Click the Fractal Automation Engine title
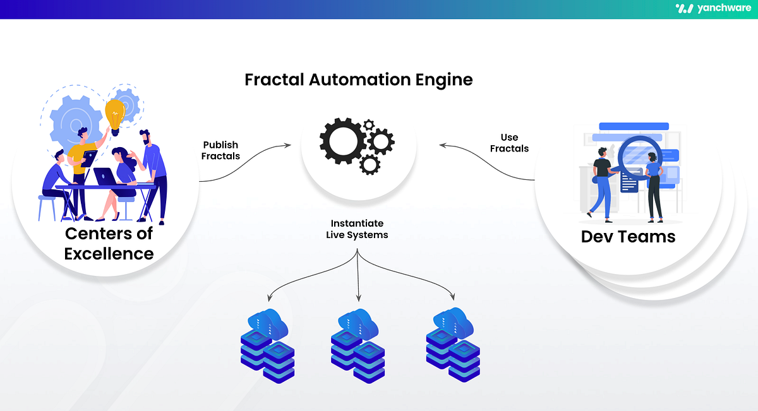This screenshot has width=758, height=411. [358, 80]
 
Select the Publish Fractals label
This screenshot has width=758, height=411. [221, 150]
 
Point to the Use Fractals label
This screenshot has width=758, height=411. [509, 143]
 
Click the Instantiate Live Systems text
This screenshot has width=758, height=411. [357, 229]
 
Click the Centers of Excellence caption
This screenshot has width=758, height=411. [109, 244]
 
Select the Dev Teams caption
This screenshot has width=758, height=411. [628, 237]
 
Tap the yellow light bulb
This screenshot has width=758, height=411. [116, 116]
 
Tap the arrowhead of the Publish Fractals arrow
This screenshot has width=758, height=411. [288, 145]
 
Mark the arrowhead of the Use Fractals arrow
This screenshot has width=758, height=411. [443, 145]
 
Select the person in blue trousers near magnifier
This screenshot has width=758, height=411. [601, 183]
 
